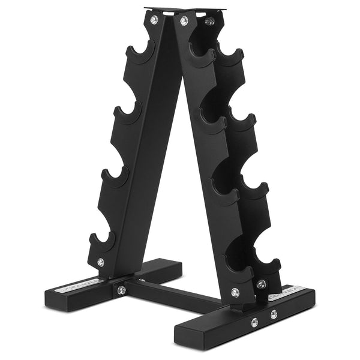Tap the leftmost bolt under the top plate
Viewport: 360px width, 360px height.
(154, 20)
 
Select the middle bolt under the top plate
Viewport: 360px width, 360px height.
(184, 21)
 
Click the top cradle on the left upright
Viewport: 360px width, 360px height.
(139, 54)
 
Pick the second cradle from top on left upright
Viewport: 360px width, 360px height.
(127, 114)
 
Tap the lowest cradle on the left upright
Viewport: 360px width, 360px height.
(103, 240)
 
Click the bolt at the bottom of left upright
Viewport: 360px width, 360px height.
(100, 262)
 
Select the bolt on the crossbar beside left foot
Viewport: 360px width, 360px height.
(121, 290)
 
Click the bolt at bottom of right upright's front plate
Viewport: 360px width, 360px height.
(235, 293)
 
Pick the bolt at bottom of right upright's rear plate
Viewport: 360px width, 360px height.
(261, 284)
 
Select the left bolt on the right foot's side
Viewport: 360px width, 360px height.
(254, 322)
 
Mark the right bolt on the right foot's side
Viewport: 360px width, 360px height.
(274, 314)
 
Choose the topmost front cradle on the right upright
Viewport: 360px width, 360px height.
(203, 57)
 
